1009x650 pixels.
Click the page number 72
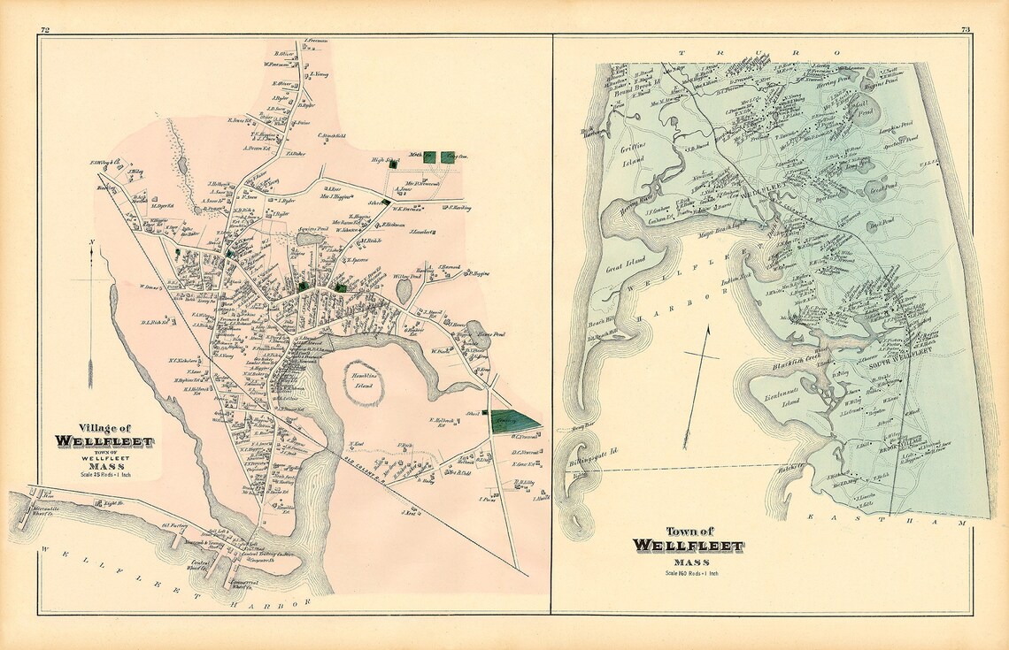(x=43, y=31)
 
